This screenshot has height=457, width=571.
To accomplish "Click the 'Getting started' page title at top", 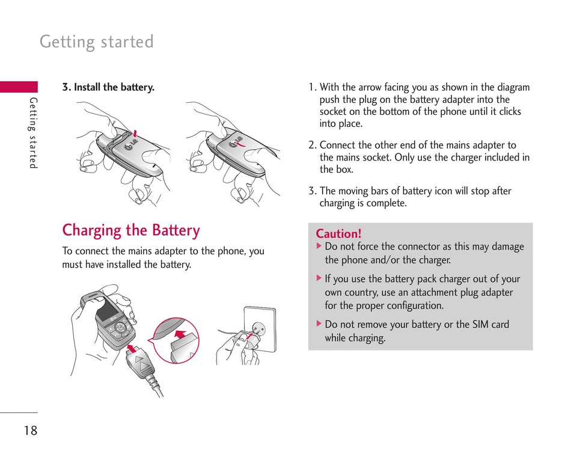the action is (97, 42).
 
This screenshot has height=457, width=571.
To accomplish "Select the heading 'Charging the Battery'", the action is (131, 230).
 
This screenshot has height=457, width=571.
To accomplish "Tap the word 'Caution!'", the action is (339, 234).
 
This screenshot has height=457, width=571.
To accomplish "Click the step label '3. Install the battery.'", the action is (108, 87).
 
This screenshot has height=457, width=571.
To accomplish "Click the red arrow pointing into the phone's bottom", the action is (132, 347).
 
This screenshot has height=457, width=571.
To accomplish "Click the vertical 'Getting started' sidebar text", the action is (34, 133).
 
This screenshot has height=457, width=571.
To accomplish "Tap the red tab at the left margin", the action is (19, 87).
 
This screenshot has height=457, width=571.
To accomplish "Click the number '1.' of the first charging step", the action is (313, 88).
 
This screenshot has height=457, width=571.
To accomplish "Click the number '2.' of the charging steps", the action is (313, 146).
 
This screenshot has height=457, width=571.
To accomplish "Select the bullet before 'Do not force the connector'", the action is (319, 247).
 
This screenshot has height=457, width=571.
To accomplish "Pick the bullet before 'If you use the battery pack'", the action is (319, 278).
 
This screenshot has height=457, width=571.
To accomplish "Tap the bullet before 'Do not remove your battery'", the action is (319, 324).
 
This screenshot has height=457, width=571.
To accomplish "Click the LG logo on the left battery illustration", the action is (129, 146).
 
